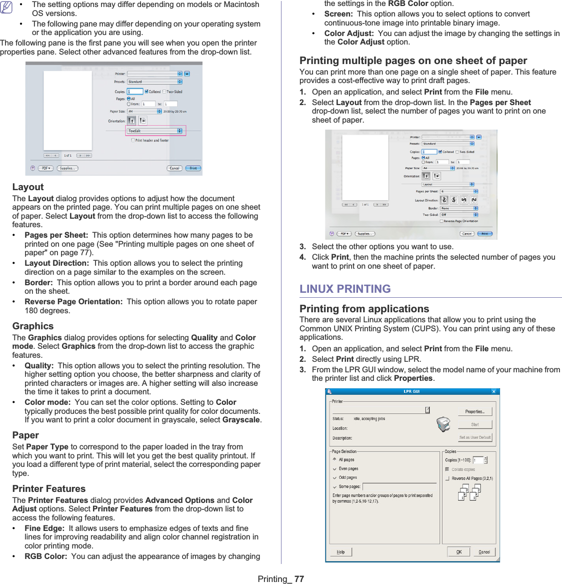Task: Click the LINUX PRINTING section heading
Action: coord(345,289)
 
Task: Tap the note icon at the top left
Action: coord(6,8)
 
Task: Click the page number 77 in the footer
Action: coord(299,579)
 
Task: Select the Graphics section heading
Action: coord(33,326)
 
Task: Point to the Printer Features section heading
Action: coord(49,489)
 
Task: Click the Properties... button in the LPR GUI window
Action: coord(474,411)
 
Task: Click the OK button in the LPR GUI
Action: coord(459,552)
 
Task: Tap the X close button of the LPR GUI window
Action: coord(493,391)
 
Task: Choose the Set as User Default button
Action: coord(474,437)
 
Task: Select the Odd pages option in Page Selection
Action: coord(335,478)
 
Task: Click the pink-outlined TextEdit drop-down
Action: coord(155,131)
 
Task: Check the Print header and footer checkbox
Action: coord(133,141)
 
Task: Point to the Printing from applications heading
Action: coord(364,309)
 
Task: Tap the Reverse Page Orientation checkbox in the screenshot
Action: coord(441,221)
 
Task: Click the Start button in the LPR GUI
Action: coord(474,424)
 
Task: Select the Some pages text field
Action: coord(399,486)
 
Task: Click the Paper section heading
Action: coord(25,435)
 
